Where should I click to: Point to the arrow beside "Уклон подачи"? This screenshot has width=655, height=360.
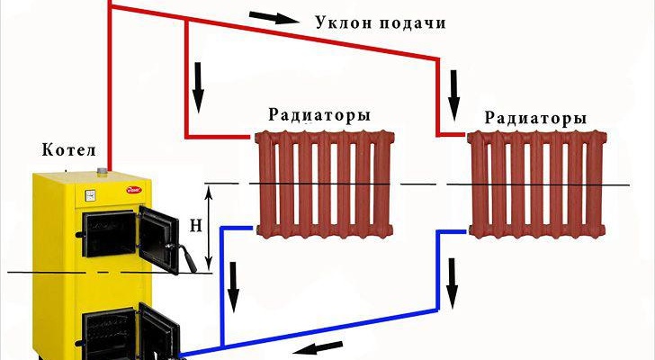point(273,17)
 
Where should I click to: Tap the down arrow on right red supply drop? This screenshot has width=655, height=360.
point(455,89)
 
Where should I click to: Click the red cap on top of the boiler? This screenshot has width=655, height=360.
point(107,166)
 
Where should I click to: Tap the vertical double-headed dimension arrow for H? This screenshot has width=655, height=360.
point(210,226)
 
